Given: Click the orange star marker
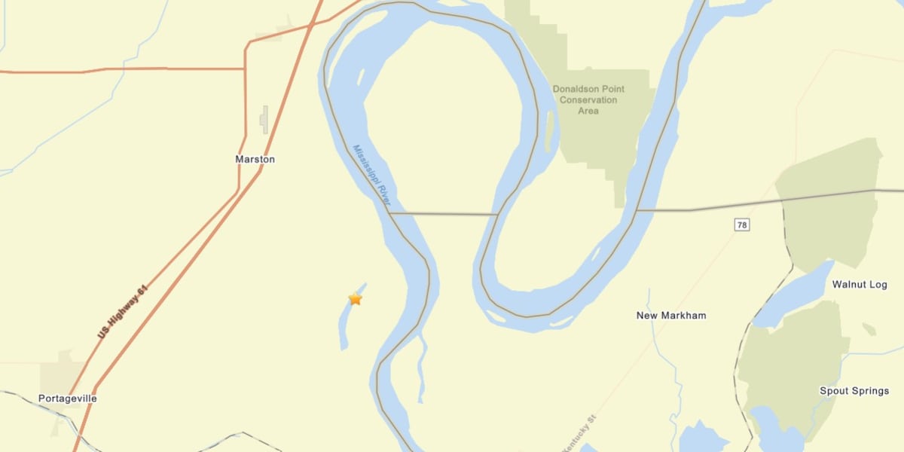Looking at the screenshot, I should [355, 299].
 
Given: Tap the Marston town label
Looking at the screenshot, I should [255, 160].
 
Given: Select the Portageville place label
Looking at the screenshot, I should [68, 398].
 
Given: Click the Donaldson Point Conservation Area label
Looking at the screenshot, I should [588, 99].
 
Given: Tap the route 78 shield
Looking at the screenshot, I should [742, 224].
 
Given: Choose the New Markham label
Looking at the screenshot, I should [671, 316].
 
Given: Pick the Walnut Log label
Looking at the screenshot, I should [860, 285].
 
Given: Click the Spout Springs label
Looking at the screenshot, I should [854, 391].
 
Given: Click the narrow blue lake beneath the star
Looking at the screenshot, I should [346, 328].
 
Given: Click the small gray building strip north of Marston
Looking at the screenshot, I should [264, 119].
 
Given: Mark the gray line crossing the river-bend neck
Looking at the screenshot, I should [443, 214].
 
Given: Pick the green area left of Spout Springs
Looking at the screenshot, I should [787, 362].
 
